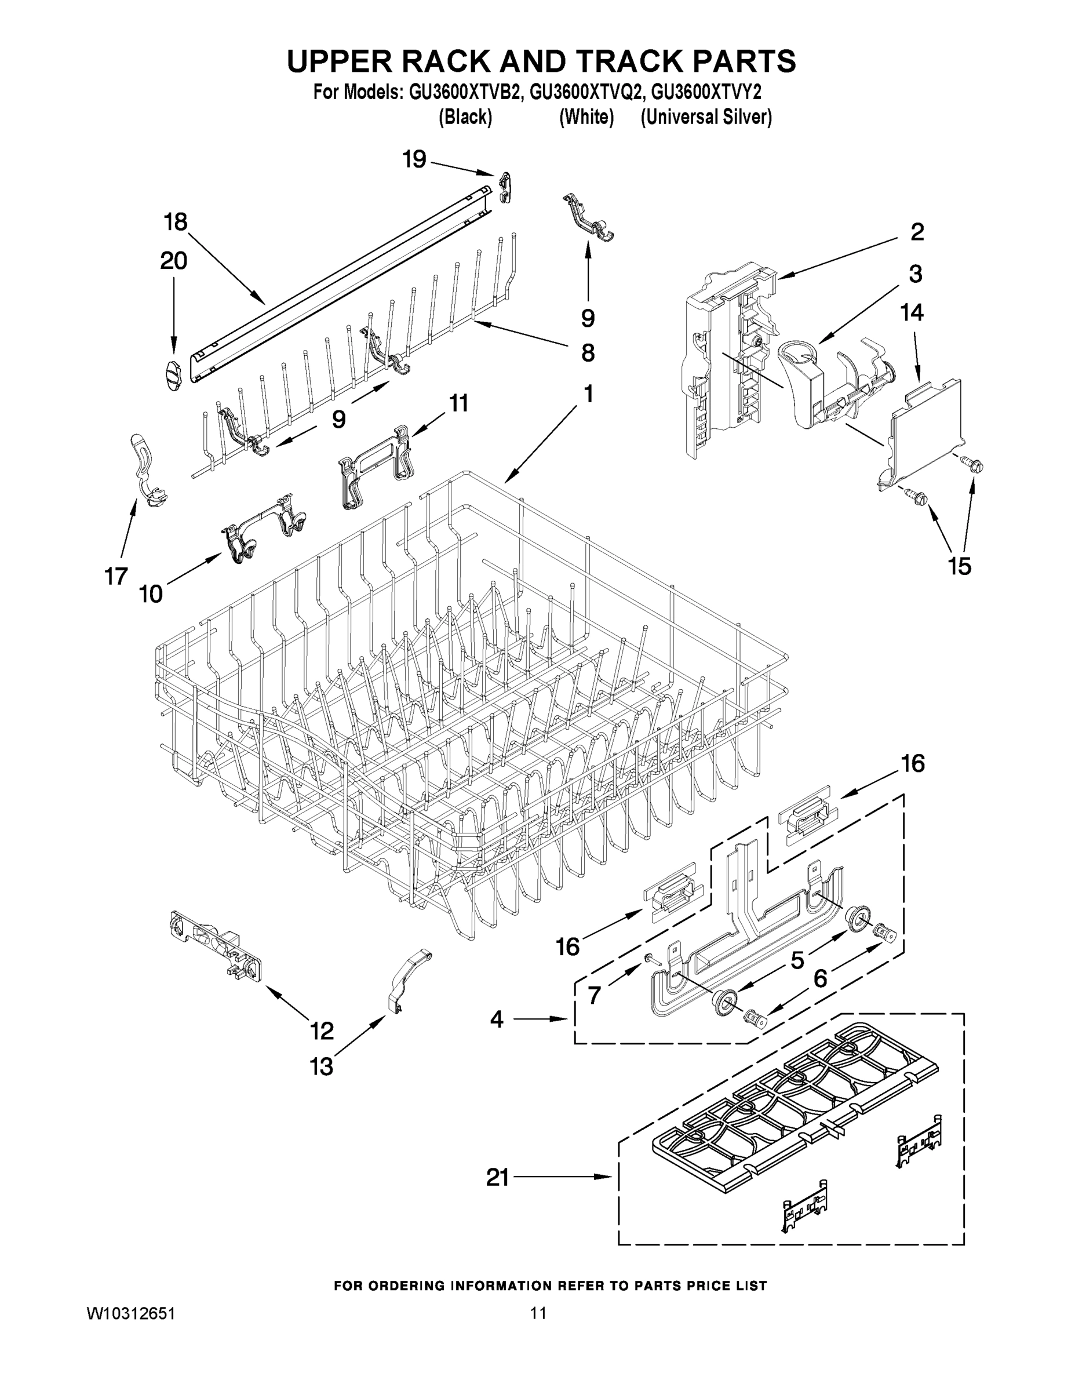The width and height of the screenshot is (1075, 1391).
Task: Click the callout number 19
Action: [414, 159]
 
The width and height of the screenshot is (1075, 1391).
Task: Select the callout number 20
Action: [173, 261]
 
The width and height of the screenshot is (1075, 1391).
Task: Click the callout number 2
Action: [916, 232]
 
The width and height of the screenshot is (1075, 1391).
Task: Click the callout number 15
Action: [960, 566]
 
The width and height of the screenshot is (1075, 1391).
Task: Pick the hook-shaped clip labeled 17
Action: [147, 468]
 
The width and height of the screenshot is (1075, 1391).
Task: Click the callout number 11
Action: [458, 403]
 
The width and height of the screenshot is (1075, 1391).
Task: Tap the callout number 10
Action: [151, 594]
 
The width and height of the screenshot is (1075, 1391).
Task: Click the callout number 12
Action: [322, 1030]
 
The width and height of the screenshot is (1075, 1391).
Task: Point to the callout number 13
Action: [322, 1066]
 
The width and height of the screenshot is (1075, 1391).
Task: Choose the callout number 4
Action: [497, 1019]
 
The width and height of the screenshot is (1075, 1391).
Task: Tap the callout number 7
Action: [594, 994]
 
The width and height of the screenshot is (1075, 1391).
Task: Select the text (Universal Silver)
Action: [706, 117]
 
